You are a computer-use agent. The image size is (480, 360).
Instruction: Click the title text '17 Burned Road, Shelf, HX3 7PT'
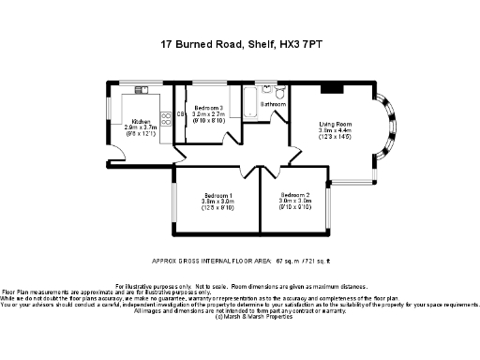point(239,44)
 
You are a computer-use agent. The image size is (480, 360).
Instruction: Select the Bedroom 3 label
point(209,109)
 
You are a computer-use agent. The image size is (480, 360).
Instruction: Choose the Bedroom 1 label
point(217,194)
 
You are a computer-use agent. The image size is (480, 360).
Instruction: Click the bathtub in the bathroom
point(250,103)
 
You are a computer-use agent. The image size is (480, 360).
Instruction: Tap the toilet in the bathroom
point(279,90)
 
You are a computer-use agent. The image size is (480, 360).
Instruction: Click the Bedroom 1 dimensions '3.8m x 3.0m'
point(217,201)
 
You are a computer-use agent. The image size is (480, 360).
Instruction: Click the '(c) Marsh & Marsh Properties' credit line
point(239,317)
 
